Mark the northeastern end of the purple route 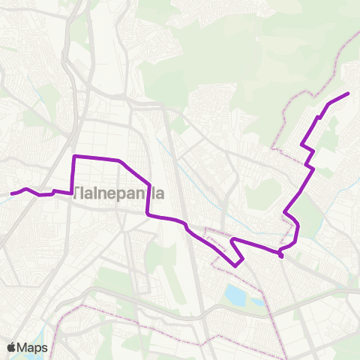(349, 94)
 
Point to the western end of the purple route (12, 193)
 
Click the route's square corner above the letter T (73, 157)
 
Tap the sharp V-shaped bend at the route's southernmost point (236, 265)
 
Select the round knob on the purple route (280, 256)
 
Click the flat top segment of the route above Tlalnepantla (96, 157)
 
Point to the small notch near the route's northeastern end (320, 116)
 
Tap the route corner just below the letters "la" (148, 215)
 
